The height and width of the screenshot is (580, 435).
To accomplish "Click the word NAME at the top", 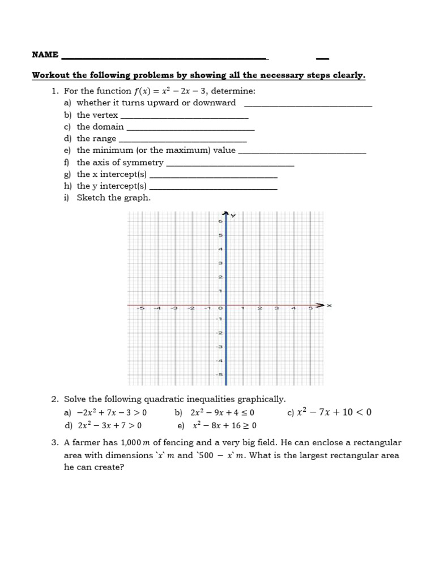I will point(45,55).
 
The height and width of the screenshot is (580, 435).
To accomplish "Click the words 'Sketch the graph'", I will point(114,198).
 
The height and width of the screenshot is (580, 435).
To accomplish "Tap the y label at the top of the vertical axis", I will point(234,216).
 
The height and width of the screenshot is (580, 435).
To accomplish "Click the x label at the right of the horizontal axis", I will point(329,306).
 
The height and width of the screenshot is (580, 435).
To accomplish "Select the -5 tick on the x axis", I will point(140,309).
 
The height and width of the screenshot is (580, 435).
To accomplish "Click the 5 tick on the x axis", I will point(310,309).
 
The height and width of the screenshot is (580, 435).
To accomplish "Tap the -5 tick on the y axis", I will point(219,375).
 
